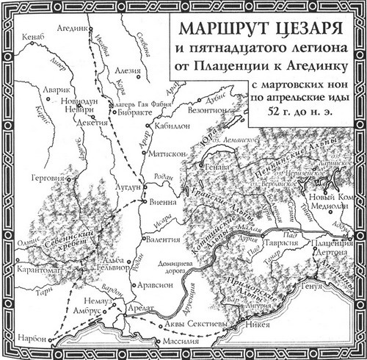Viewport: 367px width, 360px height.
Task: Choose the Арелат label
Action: coord(143,310)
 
